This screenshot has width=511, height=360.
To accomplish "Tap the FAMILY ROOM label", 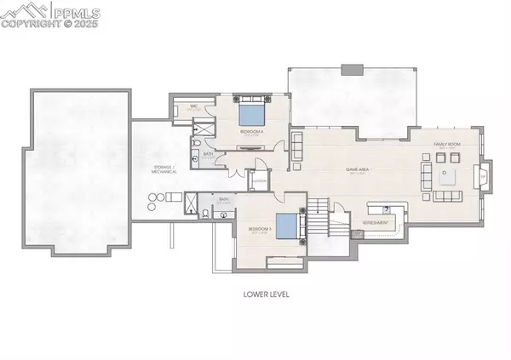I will click(x=447, y=146).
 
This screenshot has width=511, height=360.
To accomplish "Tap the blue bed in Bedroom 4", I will click(x=251, y=114).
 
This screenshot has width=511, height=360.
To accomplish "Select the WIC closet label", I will click(x=194, y=106).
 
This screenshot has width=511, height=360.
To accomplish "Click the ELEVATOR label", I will click(x=259, y=180).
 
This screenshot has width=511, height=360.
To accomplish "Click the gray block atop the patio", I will click(x=352, y=70).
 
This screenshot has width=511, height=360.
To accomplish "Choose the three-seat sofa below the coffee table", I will click(x=447, y=197).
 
